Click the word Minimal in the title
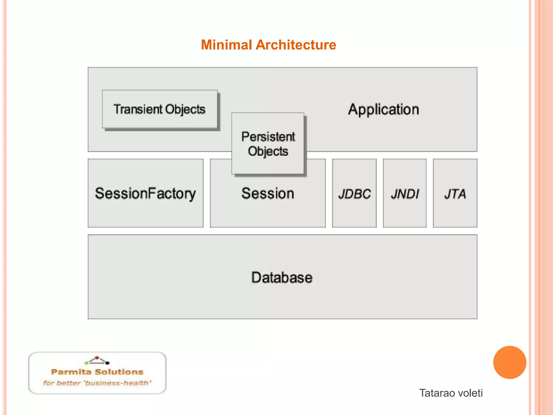coord(226,45)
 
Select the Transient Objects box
coord(160,109)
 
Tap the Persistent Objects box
coord(268,143)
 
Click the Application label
coord(383,109)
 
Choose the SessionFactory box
coord(145,193)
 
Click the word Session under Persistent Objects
coord(268,193)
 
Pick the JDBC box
coord(354,193)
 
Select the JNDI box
coord(404,193)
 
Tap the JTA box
coord(455,193)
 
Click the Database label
coord(282,277)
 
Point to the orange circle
coord(510,362)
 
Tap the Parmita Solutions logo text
coord(97,372)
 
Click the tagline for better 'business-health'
coord(97,383)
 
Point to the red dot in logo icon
coord(97,357)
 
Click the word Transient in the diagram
coord(138,109)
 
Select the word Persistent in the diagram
coord(268,136)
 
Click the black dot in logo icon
coord(107,363)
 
